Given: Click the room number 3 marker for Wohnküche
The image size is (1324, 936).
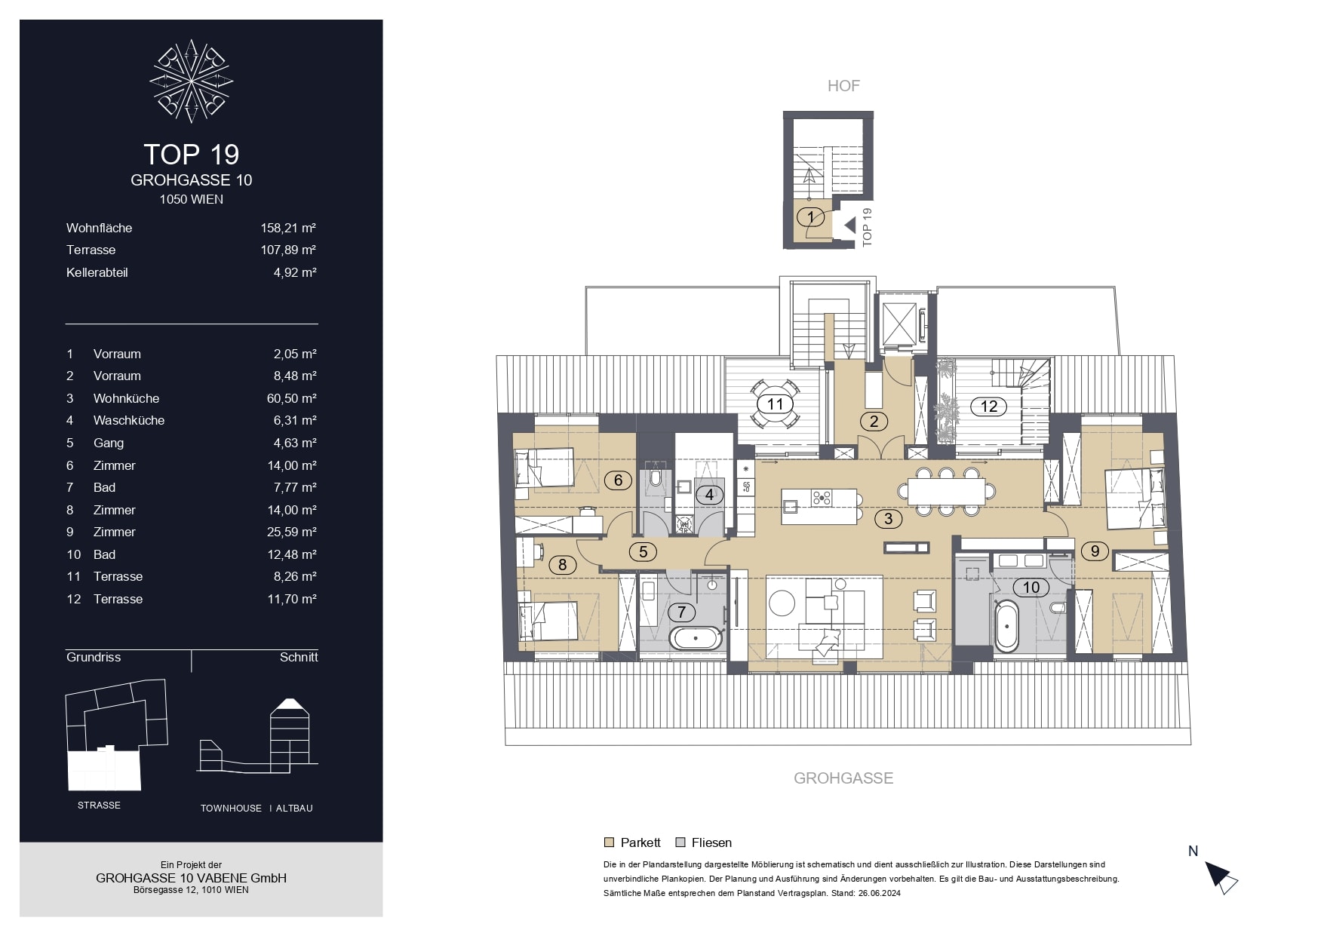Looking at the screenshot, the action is point(888,519).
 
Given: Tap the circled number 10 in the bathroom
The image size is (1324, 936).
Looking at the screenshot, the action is point(1031,588).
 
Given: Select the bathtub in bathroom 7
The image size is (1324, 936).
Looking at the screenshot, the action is point(696,639).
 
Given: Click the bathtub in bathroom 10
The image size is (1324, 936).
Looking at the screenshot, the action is point(1006,626).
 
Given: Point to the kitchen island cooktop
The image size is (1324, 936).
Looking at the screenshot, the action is point(822,498).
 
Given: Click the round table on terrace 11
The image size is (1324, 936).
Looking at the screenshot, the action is point(775,404).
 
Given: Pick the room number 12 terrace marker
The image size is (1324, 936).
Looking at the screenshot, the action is point(988,407).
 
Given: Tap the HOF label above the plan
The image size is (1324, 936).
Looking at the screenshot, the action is point(843,86).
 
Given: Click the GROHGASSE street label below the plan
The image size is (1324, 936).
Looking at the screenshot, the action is point(843,778).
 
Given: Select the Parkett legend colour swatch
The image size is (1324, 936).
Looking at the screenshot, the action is point(609,842).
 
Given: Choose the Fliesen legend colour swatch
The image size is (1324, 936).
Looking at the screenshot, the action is point(680,842).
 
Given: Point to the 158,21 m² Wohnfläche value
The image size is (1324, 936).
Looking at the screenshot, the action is point(288,228).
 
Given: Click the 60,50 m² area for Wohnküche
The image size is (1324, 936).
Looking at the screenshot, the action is point(291,398).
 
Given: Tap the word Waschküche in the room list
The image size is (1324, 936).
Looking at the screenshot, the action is point(129,420).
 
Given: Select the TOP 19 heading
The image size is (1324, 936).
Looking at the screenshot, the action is point(192,155).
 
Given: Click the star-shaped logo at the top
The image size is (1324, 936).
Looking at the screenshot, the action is point(191,81).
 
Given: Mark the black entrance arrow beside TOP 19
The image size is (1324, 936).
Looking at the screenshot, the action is point(850,225).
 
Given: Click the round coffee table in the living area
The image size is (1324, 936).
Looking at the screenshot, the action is point(781,602).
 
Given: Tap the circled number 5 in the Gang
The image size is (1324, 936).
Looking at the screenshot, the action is point(643,551).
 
